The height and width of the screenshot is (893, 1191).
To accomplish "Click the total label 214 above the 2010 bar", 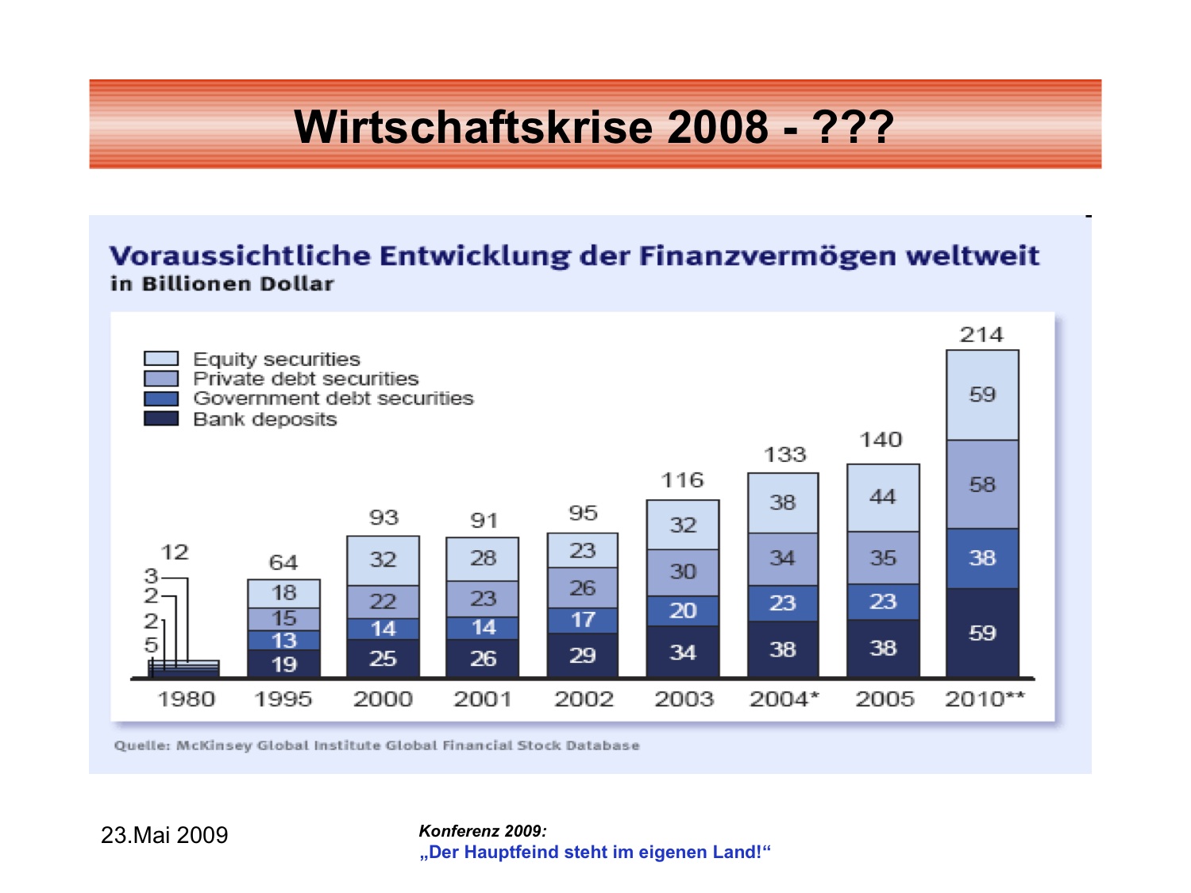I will (981, 335).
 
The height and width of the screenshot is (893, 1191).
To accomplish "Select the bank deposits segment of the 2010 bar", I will (982, 633).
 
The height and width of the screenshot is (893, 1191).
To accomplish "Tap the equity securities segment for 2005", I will (883, 498).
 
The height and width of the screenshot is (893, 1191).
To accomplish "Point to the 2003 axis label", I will (684, 699).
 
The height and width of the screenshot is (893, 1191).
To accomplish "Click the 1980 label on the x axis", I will (187, 699).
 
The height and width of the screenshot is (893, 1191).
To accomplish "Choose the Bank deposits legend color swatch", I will (161, 418).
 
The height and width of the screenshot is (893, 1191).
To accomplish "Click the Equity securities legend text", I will (276, 360).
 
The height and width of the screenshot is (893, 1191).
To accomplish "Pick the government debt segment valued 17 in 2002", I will (583, 620).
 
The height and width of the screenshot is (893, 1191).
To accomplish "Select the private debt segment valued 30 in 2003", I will (683, 572).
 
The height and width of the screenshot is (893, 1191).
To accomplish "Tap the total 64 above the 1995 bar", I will (283, 563).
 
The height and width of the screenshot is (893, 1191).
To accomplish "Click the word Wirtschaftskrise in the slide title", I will (473, 127).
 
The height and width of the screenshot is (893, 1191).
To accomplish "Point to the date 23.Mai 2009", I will (164, 835).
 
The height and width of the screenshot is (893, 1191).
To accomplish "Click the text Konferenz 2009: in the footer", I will (483, 831).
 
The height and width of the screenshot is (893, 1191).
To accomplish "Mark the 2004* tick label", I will (784, 699).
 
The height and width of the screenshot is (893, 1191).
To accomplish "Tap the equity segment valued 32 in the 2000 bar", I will (383, 560).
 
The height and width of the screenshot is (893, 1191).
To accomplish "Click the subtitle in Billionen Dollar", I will (222, 284).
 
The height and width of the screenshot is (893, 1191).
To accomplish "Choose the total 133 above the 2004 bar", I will (784, 455).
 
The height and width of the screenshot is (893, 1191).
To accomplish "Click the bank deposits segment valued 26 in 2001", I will (483, 658).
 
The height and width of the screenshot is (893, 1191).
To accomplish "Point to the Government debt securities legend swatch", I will (161, 398).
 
